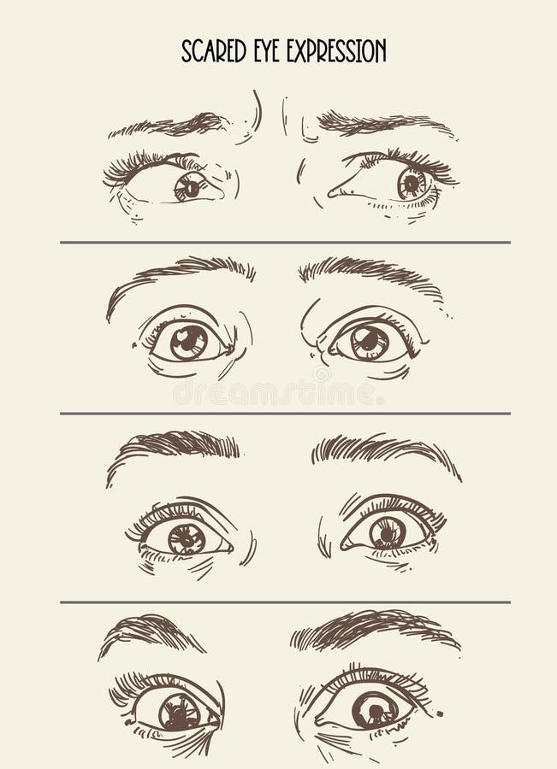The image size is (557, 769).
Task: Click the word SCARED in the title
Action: [x=214, y=51]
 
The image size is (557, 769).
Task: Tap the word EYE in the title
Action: [x=267, y=51]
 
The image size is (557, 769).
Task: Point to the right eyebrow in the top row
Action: [x=386, y=123]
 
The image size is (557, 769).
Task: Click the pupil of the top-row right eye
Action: [x=411, y=184]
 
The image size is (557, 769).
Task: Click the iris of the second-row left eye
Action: [x=189, y=342]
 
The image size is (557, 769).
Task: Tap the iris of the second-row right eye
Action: [x=370, y=342]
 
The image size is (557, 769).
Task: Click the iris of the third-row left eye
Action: [x=187, y=539]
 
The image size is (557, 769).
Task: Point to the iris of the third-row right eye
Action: [x=388, y=533]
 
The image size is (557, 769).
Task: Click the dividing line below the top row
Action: [x=286, y=243]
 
